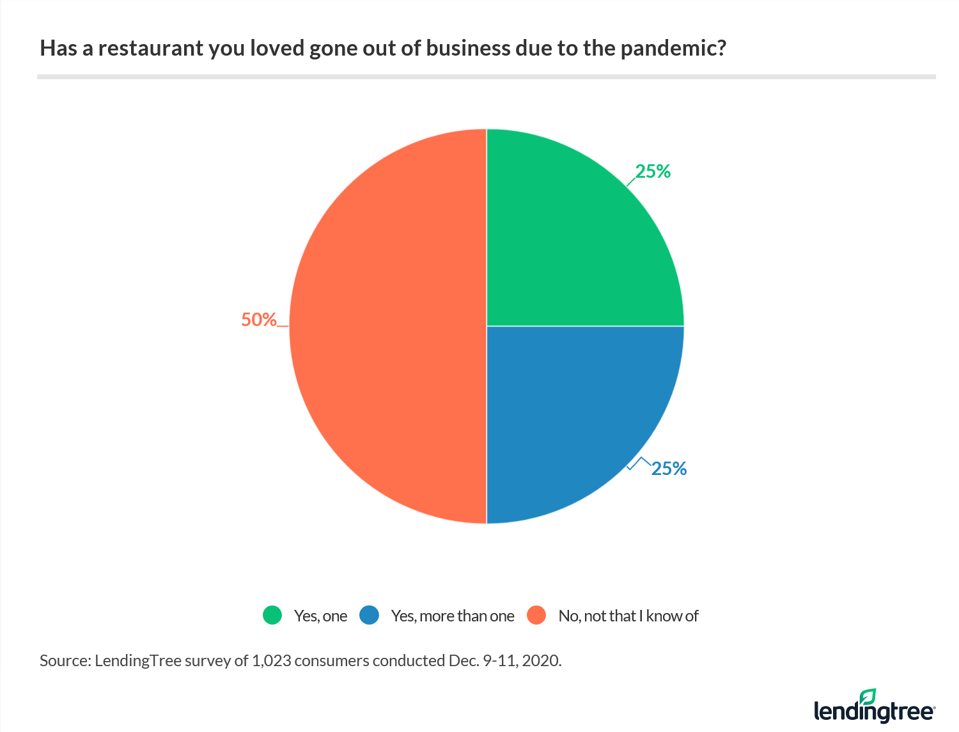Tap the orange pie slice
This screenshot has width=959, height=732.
click(384, 326)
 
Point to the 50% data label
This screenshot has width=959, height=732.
click(258, 320)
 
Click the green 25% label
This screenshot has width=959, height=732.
click(653, 171)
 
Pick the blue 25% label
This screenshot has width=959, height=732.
click(669, 469)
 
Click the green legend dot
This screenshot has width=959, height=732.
click(272, 616)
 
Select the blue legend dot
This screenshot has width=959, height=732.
click(370, 616)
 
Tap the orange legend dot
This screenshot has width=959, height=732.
click(536, 616)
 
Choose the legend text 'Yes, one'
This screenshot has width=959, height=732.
click(320, 616)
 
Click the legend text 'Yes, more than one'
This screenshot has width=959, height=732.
click(453, 616)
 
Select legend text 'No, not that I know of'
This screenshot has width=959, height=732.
click(628, 616)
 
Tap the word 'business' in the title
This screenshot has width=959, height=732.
click(467, 49)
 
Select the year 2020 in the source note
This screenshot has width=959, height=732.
click(541, 660)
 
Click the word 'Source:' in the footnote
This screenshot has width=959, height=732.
click(65, 660)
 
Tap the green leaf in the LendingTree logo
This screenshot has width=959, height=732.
click(868, 696)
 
